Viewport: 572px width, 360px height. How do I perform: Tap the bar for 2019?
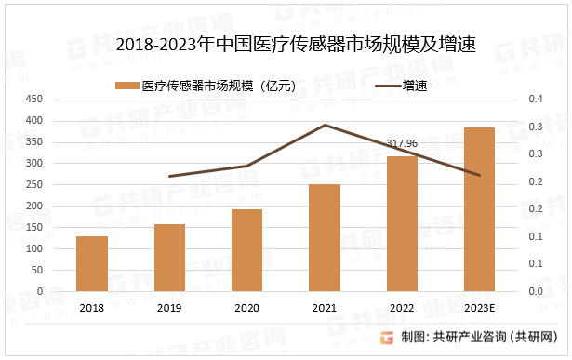tap(169, 257)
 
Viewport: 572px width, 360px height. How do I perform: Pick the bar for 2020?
tap(246, 249)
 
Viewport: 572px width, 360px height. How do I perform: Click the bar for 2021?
tap(325, 237)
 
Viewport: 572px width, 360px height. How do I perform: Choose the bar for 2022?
tap(402, 223)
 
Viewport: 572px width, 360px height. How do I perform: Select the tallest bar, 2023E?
tap(479, 209)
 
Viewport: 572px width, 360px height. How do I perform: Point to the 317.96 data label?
tap(402, 143)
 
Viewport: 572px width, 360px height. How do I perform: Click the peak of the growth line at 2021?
tap(325, 125)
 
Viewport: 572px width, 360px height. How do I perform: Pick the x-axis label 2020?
tap(246, 308)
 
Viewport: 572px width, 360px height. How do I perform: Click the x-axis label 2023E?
tap(479, 308)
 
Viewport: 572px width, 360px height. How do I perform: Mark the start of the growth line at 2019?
tap(169, 176)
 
